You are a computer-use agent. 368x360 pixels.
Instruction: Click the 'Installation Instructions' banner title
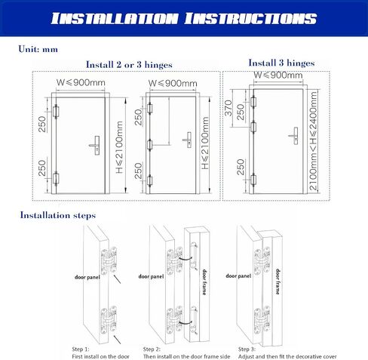pos(184,19)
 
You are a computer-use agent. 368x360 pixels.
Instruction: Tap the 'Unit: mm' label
pos(38,49)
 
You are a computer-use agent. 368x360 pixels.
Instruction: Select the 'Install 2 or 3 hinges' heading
pos(129,65)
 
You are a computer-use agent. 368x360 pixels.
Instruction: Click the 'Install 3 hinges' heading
pos(281,63)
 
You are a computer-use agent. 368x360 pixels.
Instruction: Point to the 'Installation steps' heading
pos(58,215)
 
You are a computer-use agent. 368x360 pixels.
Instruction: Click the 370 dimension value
pos(228,108)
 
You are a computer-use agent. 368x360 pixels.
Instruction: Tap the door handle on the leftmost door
pos(94,145)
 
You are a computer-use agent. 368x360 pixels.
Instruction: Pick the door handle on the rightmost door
pos(293,136)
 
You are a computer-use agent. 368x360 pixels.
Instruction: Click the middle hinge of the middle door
pos(150,145)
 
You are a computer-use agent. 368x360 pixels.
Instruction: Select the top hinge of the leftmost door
pos(56,112)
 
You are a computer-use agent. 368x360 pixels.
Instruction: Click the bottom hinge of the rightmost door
pos(253,180)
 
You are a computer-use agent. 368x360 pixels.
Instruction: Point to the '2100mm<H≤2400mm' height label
pos(313,141)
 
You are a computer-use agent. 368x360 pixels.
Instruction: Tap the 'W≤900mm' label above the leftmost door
pos(81,82)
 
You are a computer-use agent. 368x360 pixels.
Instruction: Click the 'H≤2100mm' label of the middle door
pos(205,143)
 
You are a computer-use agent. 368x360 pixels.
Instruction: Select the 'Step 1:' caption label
pos(81,349)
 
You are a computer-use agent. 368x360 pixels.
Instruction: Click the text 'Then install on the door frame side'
pos(186,356)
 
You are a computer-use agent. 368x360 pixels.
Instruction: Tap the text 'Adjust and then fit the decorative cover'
pos(287,356)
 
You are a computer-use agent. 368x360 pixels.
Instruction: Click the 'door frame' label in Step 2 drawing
pos(204,282)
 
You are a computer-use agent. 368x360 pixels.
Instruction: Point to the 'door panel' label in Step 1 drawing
pos(87,277)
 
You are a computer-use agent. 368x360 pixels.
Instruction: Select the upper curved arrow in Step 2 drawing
pos(186,258)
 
